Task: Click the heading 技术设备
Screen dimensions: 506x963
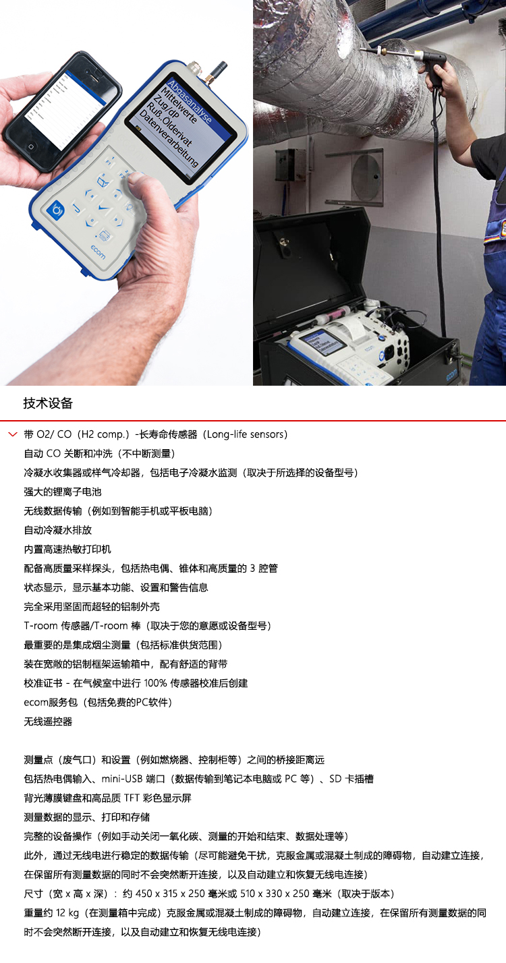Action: click(x=48, y=403)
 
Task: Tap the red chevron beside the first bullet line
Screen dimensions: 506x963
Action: click(x=12, y=435)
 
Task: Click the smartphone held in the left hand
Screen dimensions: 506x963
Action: click(x=62, y=106)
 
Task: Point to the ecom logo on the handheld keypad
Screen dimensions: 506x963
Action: click(x=98, y=252)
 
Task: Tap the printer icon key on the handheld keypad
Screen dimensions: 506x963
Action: click(x=104, y=235)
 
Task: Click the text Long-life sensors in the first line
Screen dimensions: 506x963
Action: click(x=246, y=435)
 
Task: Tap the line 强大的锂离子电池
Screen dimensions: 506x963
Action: click(x=63, y=492)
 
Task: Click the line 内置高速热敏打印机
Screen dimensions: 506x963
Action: click(x=67, y=550)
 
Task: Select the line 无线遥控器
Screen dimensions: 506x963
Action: click(x=48, y=722)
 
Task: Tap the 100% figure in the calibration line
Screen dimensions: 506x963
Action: click(x=155, y=683)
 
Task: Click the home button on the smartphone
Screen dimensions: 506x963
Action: click(x=31, y=147)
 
